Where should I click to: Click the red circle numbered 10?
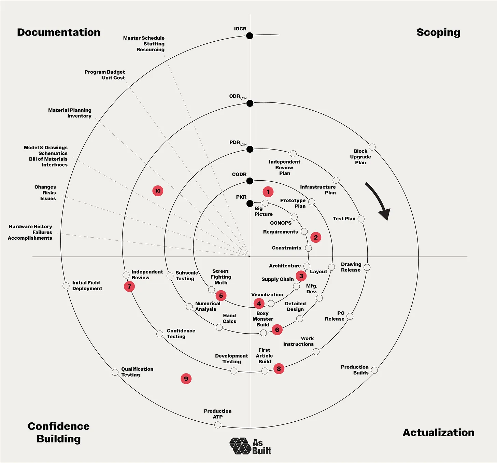click(158, 191)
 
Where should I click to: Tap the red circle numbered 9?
click(186, 379)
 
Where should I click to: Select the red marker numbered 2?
click(316, 237)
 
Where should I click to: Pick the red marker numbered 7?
click(129, 286)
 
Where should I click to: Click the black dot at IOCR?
click(250, 36)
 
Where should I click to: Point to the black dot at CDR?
click(250, 103)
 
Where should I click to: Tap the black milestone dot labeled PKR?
click(250, 204)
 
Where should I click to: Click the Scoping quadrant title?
click(438, 32)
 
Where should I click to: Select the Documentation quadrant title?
click(59, 32)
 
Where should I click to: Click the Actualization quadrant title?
click(438, 433)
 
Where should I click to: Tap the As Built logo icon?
click(241, 446)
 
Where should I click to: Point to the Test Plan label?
click(344, 219)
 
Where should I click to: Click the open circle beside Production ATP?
click(218, 425)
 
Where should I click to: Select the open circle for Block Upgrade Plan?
click(372, 147)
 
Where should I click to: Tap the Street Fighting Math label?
click(221, 277)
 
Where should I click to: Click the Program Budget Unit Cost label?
click(105, 75)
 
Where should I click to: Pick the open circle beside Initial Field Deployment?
click(66, 286)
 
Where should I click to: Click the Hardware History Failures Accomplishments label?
click(30, 232)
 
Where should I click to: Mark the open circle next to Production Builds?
click(374, 370)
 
